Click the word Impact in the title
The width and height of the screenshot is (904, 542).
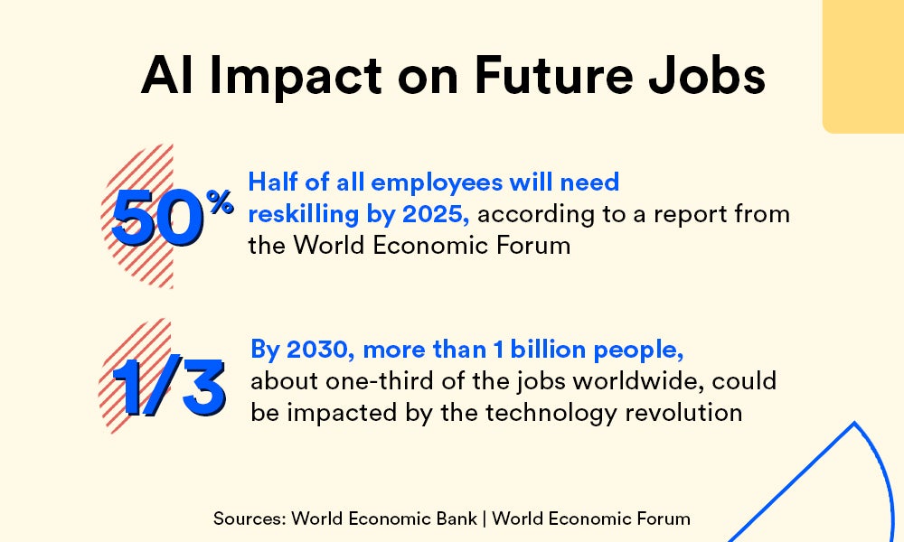tap(296, 76)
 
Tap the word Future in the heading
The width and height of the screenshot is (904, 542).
tap(553, 75)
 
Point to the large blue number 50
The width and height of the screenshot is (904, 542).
tap(156, 219)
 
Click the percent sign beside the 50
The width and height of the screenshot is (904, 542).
tap(221, 202)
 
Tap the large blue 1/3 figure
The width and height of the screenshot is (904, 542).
tap(168, 387)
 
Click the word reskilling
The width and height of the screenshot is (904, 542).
tap(304, 214)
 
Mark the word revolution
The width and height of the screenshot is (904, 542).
tap(683, 413)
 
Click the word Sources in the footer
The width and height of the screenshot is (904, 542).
tap(250, 519)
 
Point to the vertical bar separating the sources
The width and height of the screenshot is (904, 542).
tap(485, 519)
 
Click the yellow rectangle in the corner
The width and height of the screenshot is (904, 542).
tap(863, 67)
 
